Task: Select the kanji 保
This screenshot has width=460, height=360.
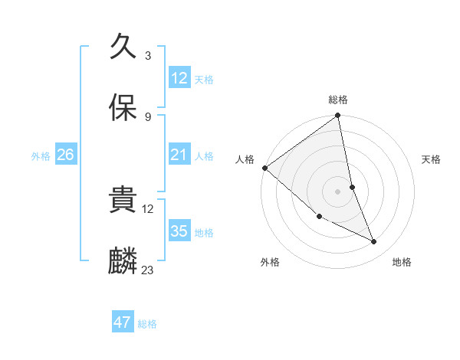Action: [123, 109]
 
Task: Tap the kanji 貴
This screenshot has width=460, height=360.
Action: [123, 201]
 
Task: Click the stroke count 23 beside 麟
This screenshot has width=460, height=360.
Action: [148, 270]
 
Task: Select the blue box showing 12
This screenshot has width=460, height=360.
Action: [179, 78]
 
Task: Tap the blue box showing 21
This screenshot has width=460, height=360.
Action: [179, 155]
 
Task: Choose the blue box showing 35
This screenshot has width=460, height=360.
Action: [179, 231]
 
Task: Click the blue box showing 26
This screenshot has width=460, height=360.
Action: [65, 155]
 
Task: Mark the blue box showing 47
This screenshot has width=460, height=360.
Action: [123, 322]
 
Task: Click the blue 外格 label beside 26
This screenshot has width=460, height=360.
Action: [41, 156]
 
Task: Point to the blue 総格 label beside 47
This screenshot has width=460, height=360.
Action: [147, 324]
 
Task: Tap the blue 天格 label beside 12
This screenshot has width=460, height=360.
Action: [204, 80]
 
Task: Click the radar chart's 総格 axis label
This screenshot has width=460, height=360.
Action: [338, 100]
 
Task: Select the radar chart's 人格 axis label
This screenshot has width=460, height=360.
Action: [245, 159]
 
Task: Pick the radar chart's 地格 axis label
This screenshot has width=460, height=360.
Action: [402, 263]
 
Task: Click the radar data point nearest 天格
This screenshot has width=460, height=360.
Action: [352, 186]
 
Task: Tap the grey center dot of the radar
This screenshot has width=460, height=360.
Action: [337, 191]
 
